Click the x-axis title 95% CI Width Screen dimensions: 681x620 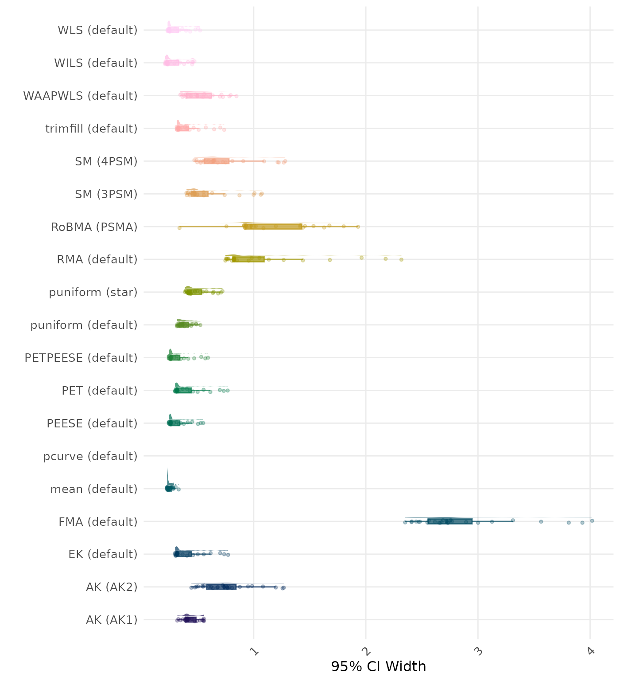click(378, 666)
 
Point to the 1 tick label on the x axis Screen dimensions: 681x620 click(255, 651)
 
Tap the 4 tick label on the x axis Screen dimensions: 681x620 click(591, 651)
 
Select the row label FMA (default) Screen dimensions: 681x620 click(98, 522)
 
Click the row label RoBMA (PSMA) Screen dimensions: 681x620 click(94, 227)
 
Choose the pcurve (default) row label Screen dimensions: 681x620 click(90, 456)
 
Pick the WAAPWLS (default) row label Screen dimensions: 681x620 click(80, 96)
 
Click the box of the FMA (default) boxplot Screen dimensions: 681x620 click(449, 521)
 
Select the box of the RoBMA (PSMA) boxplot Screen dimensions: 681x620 click(273, 227)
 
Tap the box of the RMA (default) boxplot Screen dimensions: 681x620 click(248, 259)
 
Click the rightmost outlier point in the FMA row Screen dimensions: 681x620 click(592, 521)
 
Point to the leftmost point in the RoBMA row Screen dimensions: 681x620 click(179, 228)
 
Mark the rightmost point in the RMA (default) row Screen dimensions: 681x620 click(401, 259)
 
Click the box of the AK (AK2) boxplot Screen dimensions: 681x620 click(221, 587)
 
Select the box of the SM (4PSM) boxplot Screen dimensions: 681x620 click(216, 161)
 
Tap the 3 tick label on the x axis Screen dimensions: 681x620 click(479, 651)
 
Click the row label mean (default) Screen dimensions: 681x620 click(94, 489)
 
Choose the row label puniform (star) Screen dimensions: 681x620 click(93, 293)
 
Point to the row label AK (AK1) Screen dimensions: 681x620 click(112, 620)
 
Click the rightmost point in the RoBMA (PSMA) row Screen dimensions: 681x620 click(358, 227)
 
